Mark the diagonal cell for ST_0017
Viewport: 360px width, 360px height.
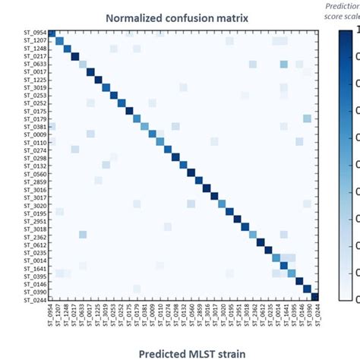coord(91,72)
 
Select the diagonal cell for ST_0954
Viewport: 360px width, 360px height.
coord(52,33)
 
